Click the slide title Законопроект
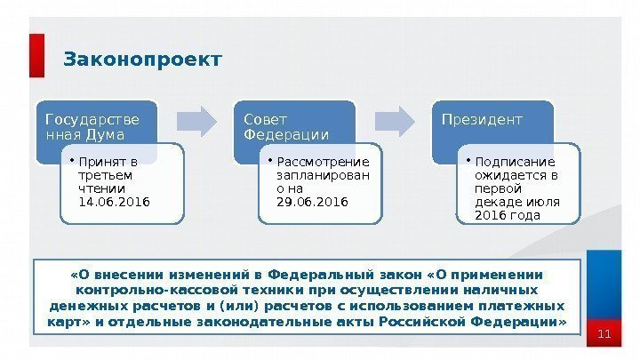(x=142, y=60)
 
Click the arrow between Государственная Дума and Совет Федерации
(x=197, y=118)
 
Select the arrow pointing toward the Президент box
(x=395, y=118)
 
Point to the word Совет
(x=260, y=119)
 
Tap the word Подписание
(x=515, y=162)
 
